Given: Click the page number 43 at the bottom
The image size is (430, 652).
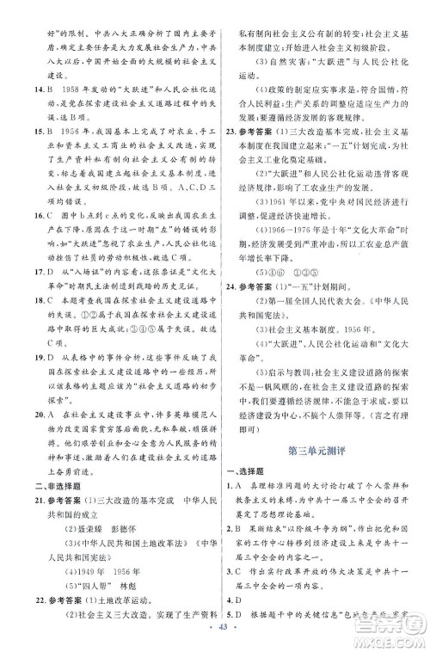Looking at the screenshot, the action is [x=214, y=642].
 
